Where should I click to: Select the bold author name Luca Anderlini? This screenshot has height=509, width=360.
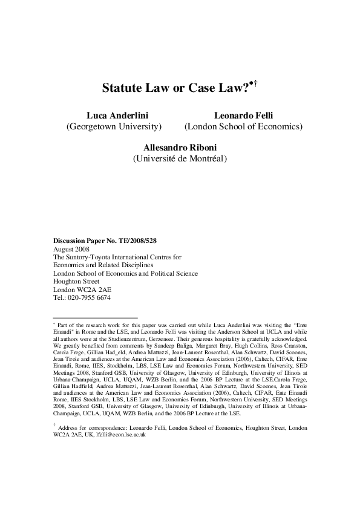(113, 115)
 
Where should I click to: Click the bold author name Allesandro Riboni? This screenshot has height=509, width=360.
(180, 147)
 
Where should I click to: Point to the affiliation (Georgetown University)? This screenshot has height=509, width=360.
(113, 127)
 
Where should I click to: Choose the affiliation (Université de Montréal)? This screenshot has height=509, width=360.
(180, 159)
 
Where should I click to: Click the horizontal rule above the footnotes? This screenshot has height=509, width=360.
(96, 317)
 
